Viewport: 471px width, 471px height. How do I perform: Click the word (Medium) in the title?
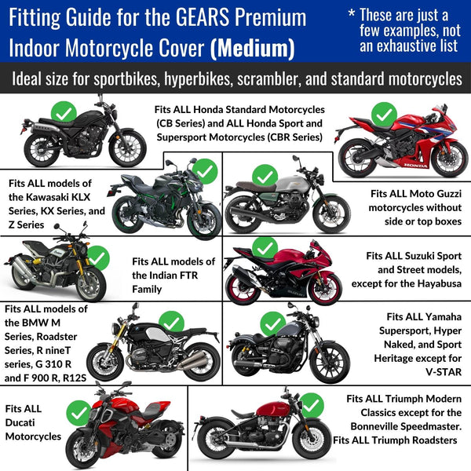coord(252,48)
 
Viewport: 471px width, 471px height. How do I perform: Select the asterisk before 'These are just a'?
coord(352,13)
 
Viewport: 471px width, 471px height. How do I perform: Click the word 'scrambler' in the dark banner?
coord(268,79)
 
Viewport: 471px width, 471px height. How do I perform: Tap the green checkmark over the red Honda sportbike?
coord(384,115)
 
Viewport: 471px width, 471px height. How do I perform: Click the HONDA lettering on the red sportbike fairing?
coord(416,165)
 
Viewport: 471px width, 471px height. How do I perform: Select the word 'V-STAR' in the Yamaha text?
coord(444,372)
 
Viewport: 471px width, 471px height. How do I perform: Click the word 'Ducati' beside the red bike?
coord(20,422)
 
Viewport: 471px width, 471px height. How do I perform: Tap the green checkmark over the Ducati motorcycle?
coord(78,413)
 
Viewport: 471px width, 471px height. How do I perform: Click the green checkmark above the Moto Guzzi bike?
coord(265,177)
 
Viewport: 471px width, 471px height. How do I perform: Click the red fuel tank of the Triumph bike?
coord(274,409)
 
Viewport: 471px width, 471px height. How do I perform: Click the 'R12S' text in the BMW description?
coord(75,378)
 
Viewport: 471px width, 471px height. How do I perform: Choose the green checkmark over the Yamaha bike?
coord(272,324)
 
